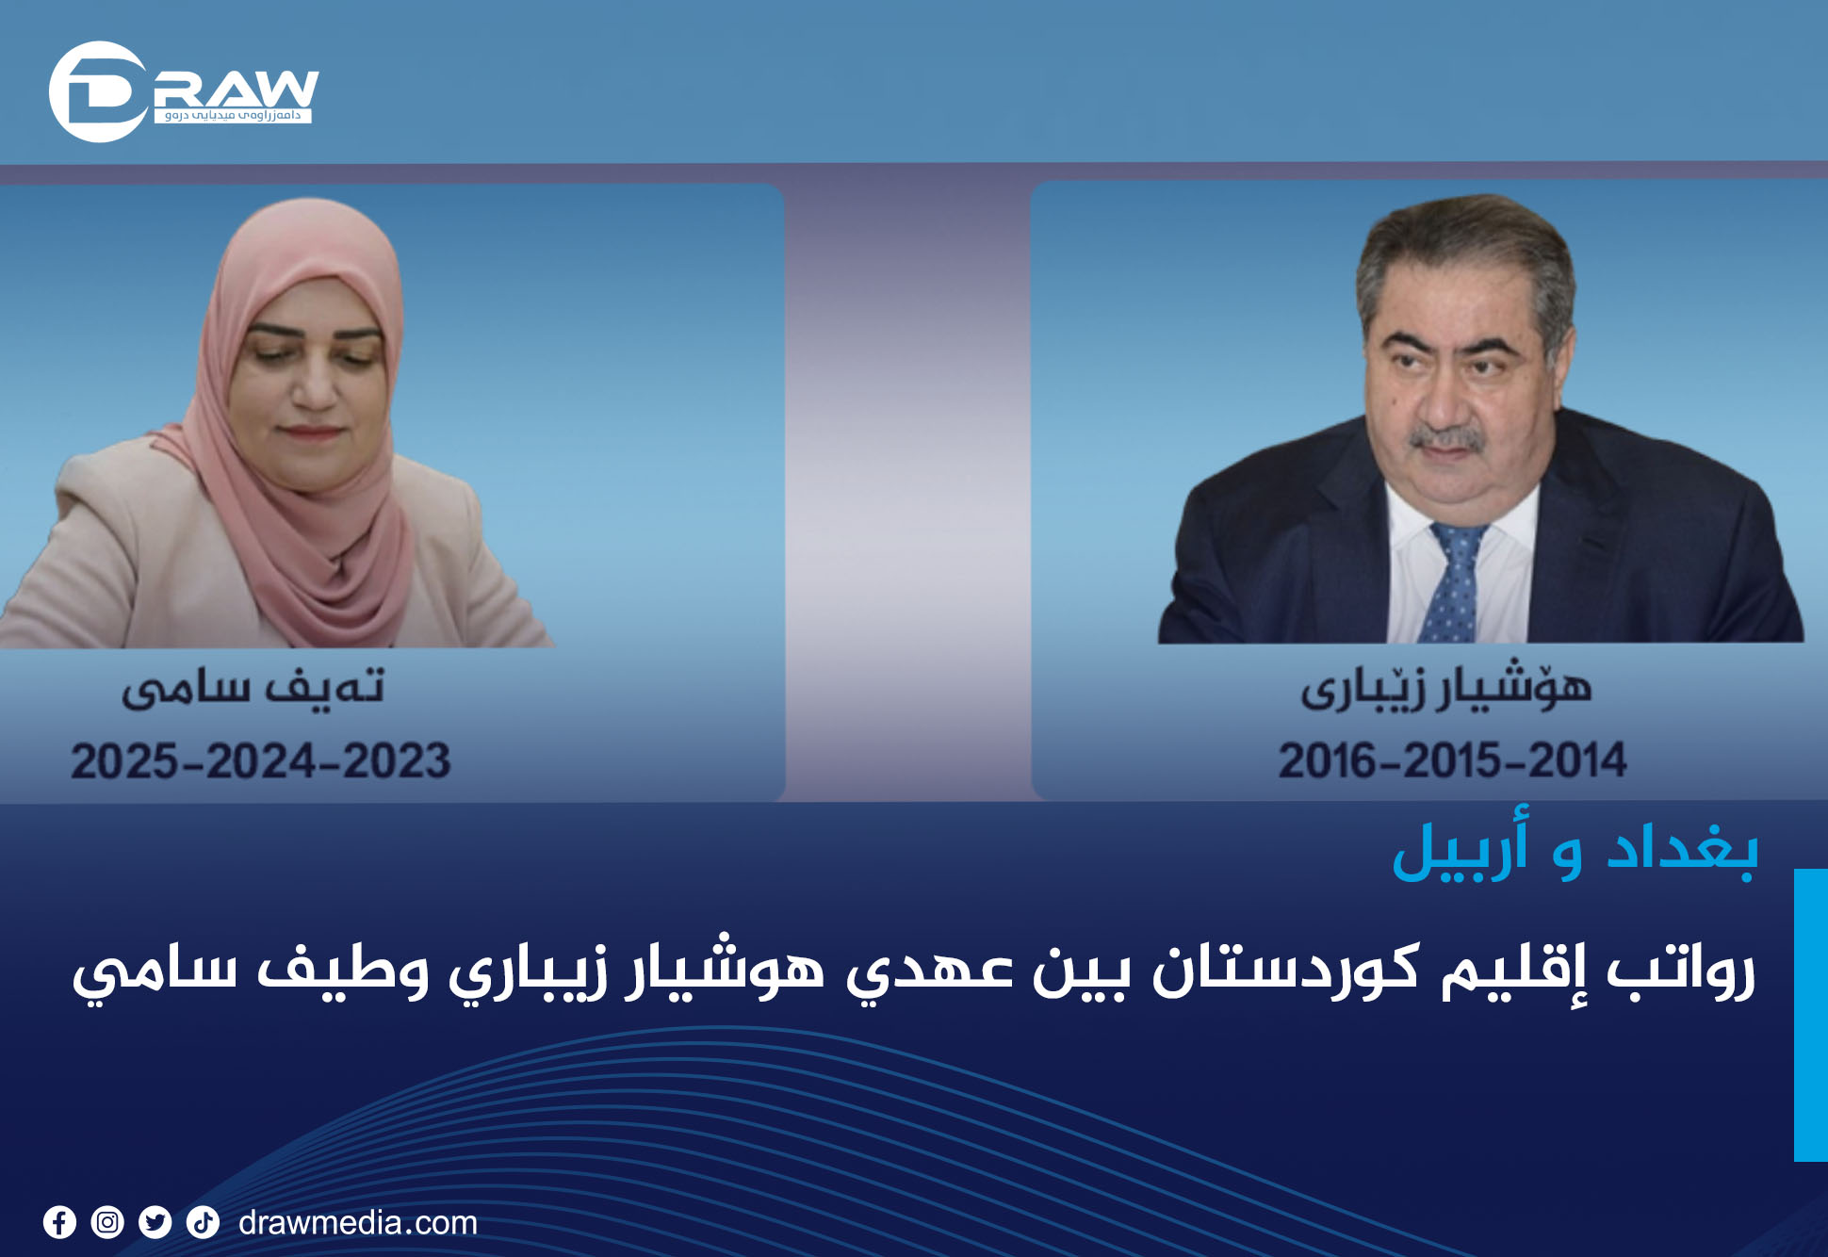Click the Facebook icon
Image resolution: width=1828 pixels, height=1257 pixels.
pyautogui.click(x=59, y=1222)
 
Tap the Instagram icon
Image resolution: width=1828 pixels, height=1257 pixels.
pyautogui.click(x=107, y=1222)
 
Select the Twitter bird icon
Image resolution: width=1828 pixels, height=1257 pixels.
pyautogui.click(x=155, y=1222)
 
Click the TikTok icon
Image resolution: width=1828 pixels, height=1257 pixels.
pyautogui.click(x=203, y=1222)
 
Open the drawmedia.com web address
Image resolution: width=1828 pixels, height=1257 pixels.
pyautogui.click(x=358, y=1223)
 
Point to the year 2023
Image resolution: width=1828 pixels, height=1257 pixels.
pyautogui.click(x=397, y=761)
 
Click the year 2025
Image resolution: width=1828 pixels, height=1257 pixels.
pyautogui.click(x=125, y=761)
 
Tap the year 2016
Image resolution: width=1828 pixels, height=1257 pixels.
pyautogui.click(x=1330, y=760)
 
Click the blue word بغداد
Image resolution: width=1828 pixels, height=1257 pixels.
pyautogui.click(x=1682, y=851)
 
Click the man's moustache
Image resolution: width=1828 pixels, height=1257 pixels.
pyautogui.click(x=1447, y=439)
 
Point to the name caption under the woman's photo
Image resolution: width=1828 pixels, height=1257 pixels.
pyautogui.click(x=253, y=687)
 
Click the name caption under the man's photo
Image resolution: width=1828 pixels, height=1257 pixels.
pyautogui.click(x=1446, y=686)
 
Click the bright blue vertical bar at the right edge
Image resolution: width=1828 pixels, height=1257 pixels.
pyautogui.click(x=1811, y=1015)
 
